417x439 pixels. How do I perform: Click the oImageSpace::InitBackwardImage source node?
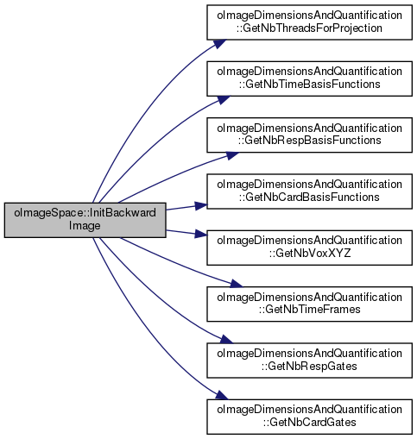point(85,220)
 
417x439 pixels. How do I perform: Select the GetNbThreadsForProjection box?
point(309,22)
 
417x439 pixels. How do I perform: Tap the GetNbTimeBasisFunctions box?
point(309,78)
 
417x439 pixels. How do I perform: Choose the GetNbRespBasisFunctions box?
point(309,135)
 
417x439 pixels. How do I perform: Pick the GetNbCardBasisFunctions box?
point(309,191)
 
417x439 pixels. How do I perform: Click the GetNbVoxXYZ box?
point(309,248)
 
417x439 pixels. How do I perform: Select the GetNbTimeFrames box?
point(309,304)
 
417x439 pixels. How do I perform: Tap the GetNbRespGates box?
point(309,361)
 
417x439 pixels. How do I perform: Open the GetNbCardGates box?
point(309,417)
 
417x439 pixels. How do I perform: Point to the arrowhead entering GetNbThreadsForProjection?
point(220,44)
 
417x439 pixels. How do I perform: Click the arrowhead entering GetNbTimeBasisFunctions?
point(224,99)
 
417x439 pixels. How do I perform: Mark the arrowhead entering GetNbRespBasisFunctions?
point(231,155)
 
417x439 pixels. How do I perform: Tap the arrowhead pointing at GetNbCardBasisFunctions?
point(201,205)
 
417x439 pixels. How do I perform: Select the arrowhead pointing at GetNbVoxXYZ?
point(201,234)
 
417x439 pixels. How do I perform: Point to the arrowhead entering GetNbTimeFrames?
point(236,284)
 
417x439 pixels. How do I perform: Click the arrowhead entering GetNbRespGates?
point(226,339)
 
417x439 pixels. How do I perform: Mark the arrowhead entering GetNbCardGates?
point(222,395)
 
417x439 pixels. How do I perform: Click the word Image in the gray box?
point(85,226)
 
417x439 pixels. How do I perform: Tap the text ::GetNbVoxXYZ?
point(310,254)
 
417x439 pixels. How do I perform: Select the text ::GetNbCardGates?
point(309,423)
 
